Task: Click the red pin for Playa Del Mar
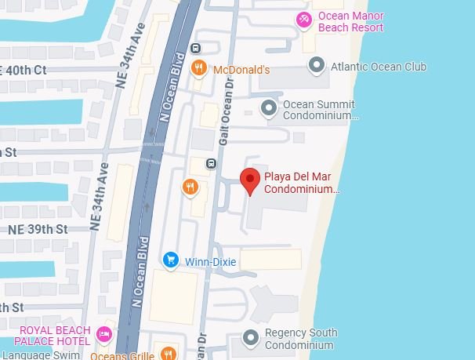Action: pyautogui.click(x=250, y=180)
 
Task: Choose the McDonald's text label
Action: pyautogui.click(x=241, y=70)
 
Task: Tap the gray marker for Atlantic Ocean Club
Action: pyautogui.click(x=317, y=65)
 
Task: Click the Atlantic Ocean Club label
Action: pyautogui.click(x=378, y=67)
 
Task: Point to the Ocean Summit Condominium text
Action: pyautogui.click(x=319, y=110)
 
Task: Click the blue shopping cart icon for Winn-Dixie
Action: pyautogui.click(x=170, y=259)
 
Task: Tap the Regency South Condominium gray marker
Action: pyautogui.click(x=251, y=338)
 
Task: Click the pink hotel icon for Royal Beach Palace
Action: pyautogui.click(x=103, y=336)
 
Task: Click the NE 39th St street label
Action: pyautogui.click(x=39, y=229)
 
